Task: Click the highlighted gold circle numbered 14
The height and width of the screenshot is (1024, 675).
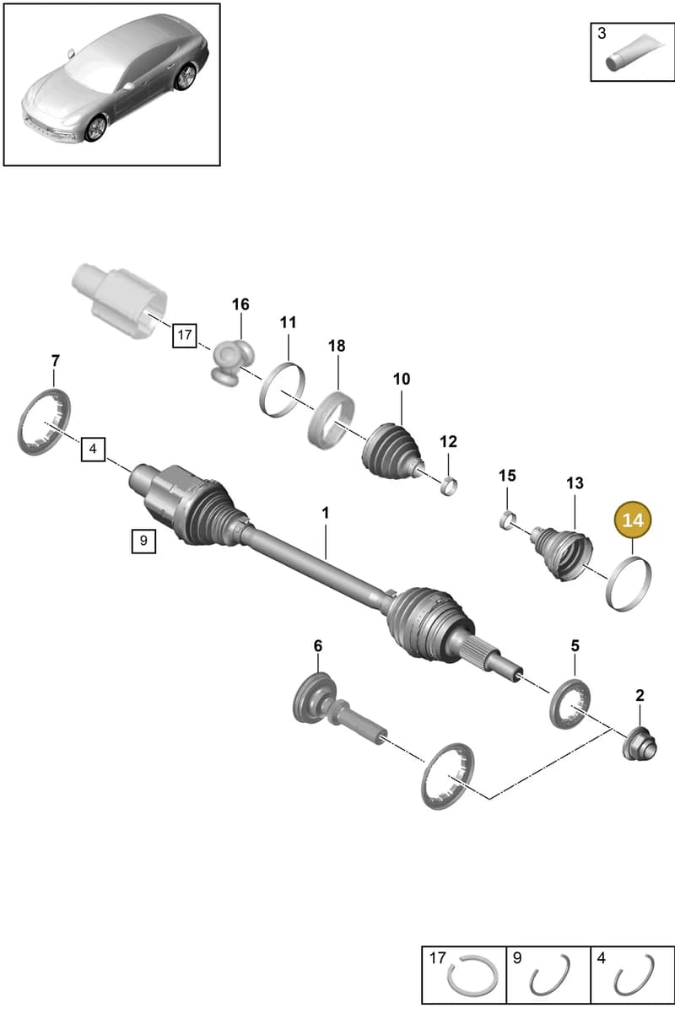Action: [x=633, y=520]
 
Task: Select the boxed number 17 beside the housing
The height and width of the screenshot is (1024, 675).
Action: [x=184, y=335]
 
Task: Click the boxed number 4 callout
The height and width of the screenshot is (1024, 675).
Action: [x=93, y=449]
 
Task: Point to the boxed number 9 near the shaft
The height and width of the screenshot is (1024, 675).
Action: [x=143, y=541]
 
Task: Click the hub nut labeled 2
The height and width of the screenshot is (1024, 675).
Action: [x=640, y=743]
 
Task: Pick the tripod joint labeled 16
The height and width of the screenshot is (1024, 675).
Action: [x=233, y=360]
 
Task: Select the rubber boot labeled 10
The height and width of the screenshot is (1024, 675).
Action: [x=392, y=453]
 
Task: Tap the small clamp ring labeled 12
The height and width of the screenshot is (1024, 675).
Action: [x=449, y=486]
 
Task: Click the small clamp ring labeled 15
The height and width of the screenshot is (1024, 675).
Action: [x=507, y=520]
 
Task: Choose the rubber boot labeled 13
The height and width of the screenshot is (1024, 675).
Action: [x=562, y=554]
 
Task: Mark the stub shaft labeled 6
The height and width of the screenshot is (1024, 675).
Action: [x=338, y=709]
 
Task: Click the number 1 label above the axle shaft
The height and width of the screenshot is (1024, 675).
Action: [x=325, y=513]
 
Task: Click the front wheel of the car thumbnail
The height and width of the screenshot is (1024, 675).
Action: [x=97, y=128]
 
